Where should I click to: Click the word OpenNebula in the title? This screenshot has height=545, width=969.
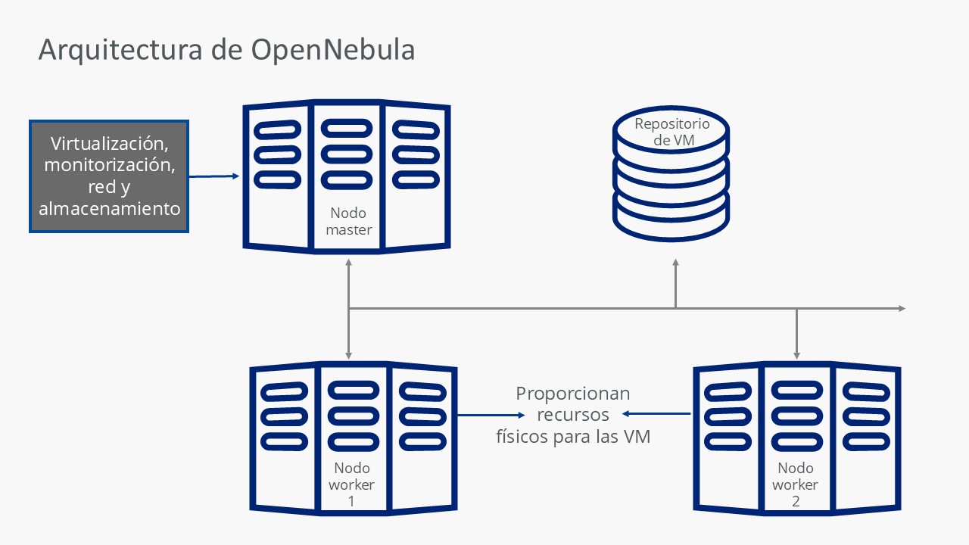pyautogui.click(x=333, y=50)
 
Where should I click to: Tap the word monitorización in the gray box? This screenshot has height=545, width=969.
pyautogui.click(x=110, y=165)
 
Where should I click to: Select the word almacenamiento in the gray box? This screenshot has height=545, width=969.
pyautogui.click(x=110, y=208)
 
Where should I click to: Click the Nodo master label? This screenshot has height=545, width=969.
pyautogui.click(x=349, y=221)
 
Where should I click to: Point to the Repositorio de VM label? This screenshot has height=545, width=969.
pyautogui.click(x=672, y=132)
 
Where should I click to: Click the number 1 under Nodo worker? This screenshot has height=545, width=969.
pyautogui.click(x=351, y=501)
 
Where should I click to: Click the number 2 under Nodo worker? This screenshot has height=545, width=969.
pyautogui.click(x=796, y=501)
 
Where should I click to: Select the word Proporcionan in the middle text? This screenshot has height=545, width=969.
pyautogui.click(x=573, y=394)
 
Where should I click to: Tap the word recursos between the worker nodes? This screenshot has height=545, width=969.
pyautogui.click(x=573, y=415)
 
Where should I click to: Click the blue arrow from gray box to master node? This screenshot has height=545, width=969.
pyautogui.click(x=214, y=176)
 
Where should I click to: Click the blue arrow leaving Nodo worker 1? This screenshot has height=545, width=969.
pyautogui.click(x=491, y=416)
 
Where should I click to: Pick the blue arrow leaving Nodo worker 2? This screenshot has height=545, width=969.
pyautogui.click(x=656, y=414)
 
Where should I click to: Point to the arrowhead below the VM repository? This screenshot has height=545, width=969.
pyautogui.click(x=676, y=262)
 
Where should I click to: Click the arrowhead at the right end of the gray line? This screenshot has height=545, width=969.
pyautogui.click(x=902, y=308)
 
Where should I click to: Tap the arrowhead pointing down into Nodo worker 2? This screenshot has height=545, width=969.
pyautogui.click(x=797, y=356)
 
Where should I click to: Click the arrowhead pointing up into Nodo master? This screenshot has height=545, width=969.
pyautogui.click(x=349, y=262)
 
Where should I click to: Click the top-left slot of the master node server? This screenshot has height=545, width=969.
pyautogui.click(x=277, y=129)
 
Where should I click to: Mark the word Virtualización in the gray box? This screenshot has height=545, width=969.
pyautogui.click(x=110, y=144)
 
